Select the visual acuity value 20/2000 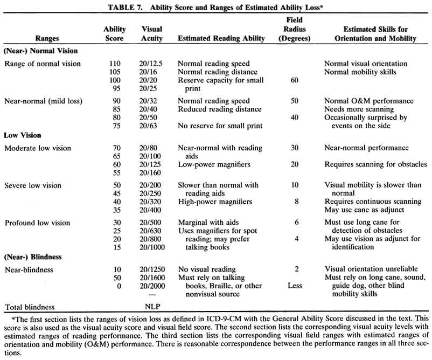point(152,286)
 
